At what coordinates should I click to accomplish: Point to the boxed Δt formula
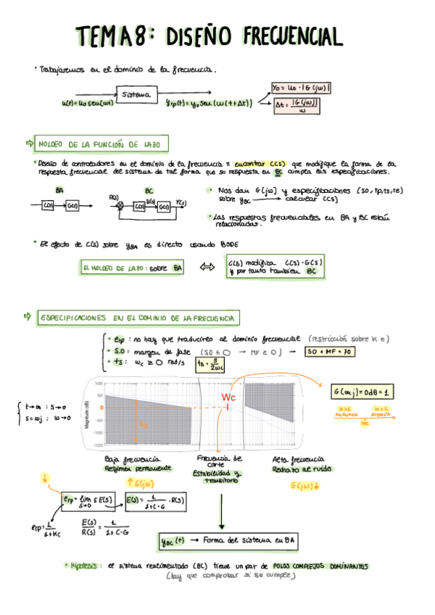tap(300, 107)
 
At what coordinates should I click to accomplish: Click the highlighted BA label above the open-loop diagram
tap(59, 190)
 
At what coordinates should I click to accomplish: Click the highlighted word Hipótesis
tap(88, 565)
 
